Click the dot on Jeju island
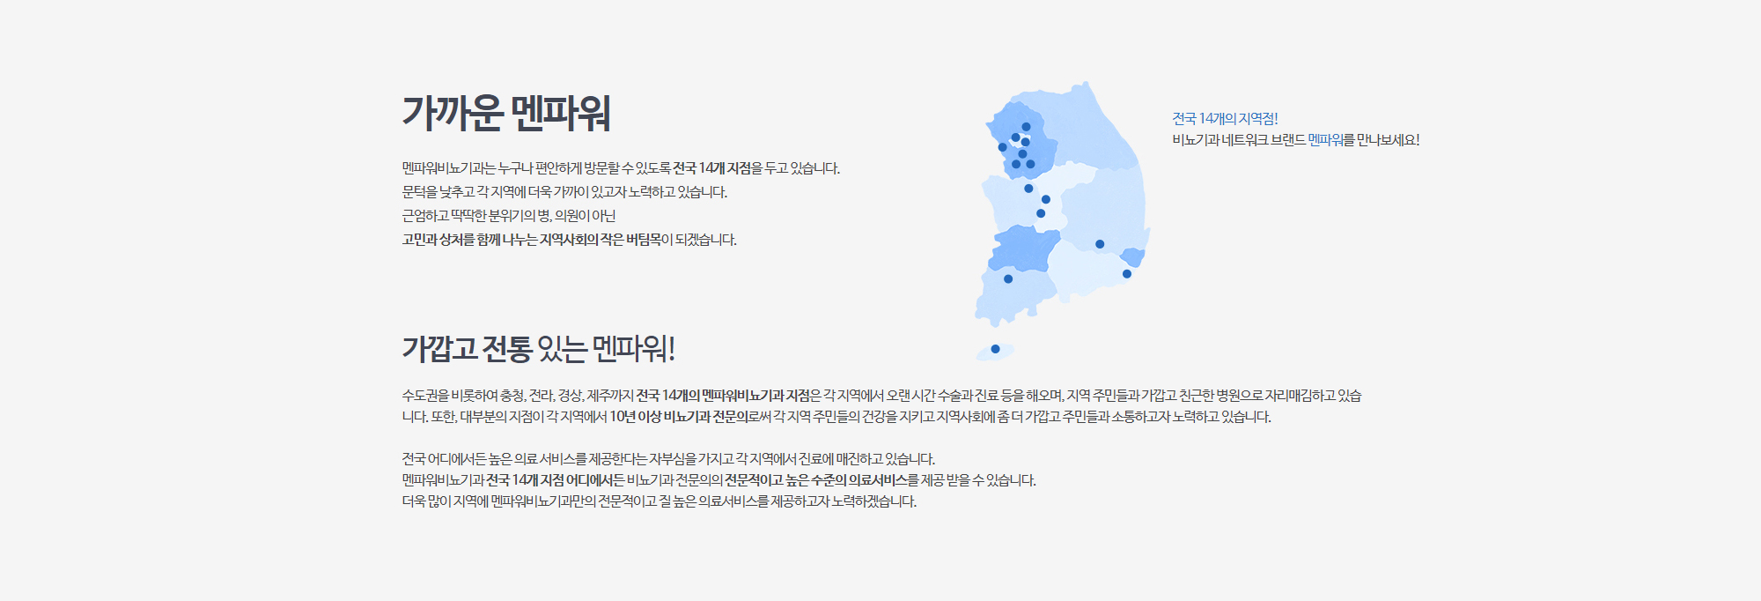995,349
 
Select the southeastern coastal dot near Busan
1127,274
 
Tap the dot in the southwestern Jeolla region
1008,279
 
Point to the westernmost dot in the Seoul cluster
1002,147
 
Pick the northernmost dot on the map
1026,127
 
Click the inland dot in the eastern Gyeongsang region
1100,244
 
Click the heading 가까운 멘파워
506,113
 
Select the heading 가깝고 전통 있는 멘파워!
539,349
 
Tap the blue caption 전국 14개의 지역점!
1225,118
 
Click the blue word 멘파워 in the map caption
1325,139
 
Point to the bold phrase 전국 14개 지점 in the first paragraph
712,168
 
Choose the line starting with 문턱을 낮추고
564,192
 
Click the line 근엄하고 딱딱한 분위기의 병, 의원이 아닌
509,216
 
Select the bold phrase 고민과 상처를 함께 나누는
469,240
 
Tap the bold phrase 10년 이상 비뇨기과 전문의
679,417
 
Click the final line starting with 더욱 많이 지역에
659,501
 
